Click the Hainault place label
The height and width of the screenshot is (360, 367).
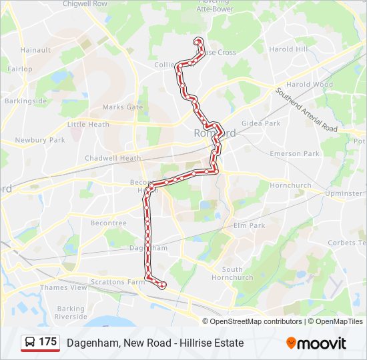[36, 50]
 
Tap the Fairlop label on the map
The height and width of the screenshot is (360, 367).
[19, 69]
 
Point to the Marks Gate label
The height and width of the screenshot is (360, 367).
[123, 107]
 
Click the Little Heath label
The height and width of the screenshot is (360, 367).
[88, 124]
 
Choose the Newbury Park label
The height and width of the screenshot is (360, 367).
[40, 140]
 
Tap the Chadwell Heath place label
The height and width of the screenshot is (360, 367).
[113, 158]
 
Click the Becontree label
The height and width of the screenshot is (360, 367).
[108, 223]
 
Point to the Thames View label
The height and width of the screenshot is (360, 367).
[63, 287]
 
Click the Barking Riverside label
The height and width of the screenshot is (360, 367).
[71, 313]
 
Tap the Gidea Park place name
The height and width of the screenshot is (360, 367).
[261, 123]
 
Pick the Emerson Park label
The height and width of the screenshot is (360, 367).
[294, 153]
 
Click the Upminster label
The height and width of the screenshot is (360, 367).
[343, 193]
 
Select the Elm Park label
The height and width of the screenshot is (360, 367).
[249, 225]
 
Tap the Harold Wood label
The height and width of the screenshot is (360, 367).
[310, 85]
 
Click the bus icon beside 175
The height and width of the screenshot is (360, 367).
[31, 343]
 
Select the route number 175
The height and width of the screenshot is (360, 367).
[48, 342]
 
